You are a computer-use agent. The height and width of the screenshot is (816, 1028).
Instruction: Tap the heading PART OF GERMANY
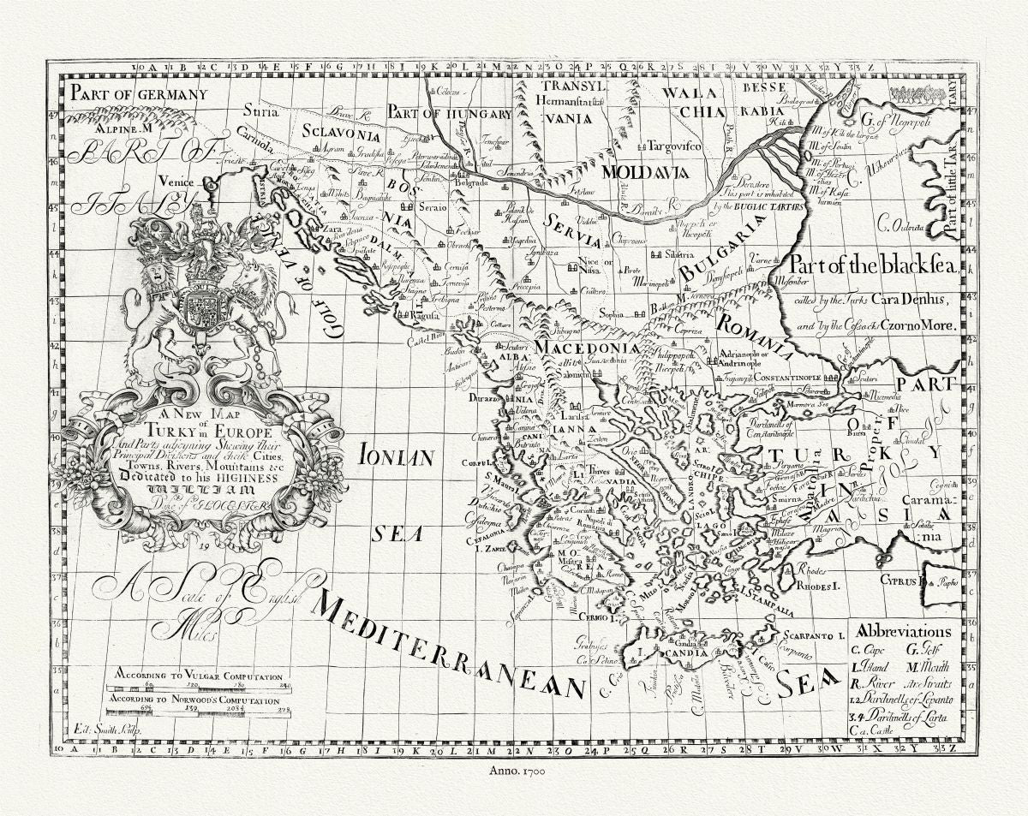[x=139, y=94]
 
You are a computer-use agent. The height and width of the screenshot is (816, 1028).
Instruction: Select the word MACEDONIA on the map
[x=587, y=348]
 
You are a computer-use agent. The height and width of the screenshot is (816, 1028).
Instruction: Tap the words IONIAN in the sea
[x=396, y=456]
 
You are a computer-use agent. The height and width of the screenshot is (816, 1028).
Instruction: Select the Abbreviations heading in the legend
[x=903, y=632]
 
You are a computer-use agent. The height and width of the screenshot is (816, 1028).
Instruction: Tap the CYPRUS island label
[x=895, y=580]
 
